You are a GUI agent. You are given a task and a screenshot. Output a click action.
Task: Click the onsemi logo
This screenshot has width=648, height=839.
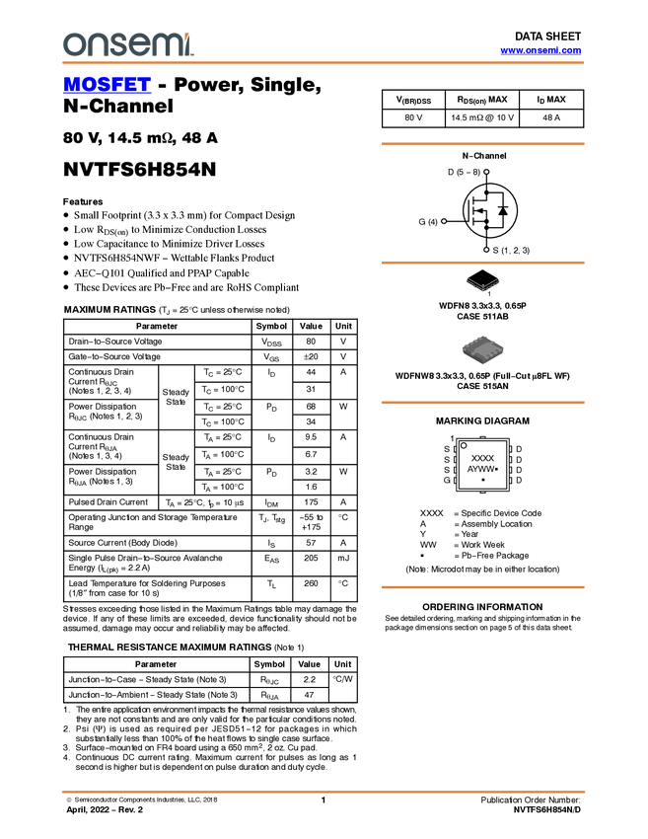point(128,44)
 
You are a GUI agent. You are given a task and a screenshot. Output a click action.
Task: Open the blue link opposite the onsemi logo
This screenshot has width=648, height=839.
point(540,50)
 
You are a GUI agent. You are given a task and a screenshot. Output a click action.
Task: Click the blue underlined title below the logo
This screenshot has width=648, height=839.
point(107,86)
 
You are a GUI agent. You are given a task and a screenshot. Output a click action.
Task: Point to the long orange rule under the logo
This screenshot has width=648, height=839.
point(324,63)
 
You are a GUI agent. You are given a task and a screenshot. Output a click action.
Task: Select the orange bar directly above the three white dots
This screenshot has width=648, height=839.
point(482,144)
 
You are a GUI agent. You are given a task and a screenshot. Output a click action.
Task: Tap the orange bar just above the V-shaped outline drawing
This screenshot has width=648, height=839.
point(482,263)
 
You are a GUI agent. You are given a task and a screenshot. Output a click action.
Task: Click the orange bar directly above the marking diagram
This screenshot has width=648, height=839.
point(482,403)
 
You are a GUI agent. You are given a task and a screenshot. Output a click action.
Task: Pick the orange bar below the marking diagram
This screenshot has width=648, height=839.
point(482,587)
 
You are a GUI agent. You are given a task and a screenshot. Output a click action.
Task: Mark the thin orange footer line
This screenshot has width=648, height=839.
point(324,791)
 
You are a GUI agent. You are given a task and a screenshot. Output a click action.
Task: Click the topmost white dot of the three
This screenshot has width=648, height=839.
point(486,172)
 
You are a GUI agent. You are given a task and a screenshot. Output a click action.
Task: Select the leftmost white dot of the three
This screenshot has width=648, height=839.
point(444,221)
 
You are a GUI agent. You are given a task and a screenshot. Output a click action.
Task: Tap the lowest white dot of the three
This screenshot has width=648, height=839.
point(486,250)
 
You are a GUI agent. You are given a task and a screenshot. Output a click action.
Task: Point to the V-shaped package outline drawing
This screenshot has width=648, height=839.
point(482,285)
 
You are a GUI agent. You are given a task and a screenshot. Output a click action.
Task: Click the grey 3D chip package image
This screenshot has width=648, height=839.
point(482,349)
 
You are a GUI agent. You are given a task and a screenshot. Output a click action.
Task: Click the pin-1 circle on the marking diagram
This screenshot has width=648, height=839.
point(464,446)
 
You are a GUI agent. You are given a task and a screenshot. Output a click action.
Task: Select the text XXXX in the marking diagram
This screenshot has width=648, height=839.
point(482,459)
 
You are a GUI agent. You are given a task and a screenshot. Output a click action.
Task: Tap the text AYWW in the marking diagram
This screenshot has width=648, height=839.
point(480,469)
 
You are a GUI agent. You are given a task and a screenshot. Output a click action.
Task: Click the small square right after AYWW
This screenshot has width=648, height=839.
point(496,469)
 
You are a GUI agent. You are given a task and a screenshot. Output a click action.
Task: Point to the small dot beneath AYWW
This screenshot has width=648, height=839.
point(482,480)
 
